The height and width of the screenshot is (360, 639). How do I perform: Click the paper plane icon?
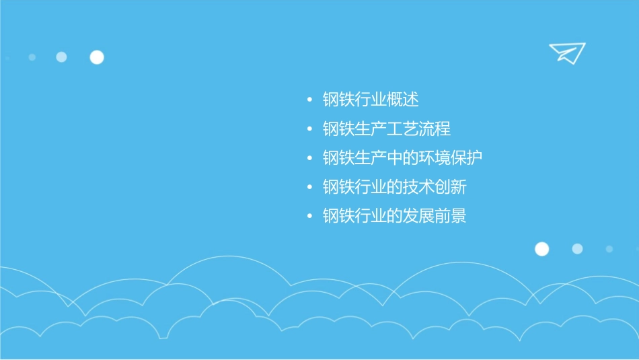pos(566,52)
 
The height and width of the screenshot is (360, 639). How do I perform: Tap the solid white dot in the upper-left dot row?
pos(97,57)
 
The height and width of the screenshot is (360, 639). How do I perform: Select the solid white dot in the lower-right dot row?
pos(541,249)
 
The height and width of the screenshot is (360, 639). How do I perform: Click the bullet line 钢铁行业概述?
pos(371,100)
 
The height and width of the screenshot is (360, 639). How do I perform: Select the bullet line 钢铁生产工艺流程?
pos(387,129)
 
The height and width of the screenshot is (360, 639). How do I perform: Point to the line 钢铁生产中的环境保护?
pos(402,158)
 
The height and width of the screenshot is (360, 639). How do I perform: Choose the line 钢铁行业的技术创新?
pos(394,187)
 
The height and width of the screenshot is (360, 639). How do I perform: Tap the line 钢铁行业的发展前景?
pos(394,216)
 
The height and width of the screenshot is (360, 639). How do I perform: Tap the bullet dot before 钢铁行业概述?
pos(309,100)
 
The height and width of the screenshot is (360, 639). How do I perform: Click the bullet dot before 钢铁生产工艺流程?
pos(309,129)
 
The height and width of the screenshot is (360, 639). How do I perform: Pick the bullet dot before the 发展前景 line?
pos(309,216)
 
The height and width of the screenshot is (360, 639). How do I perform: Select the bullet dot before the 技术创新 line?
pos(309,187)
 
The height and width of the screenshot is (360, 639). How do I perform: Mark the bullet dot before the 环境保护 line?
pos(309,158)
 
